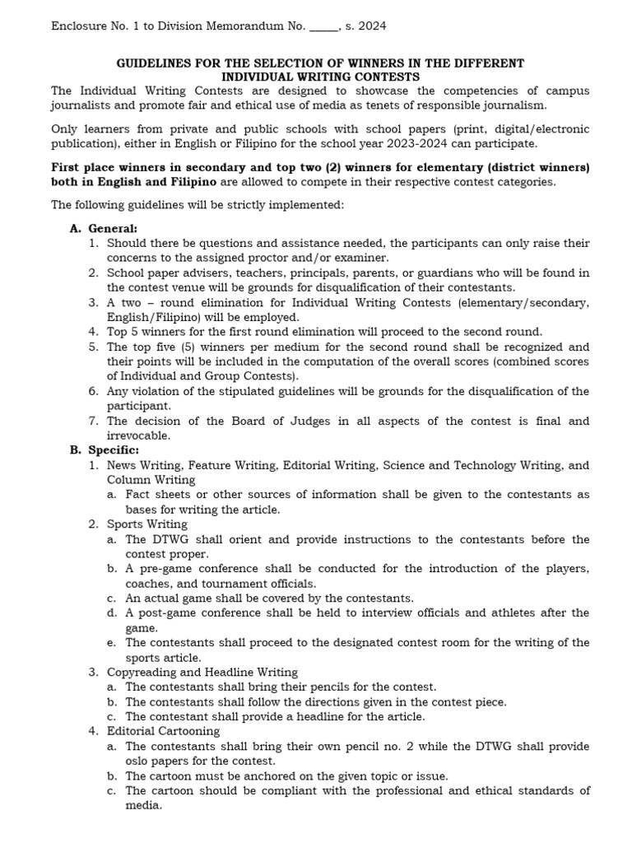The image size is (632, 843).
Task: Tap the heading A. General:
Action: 104,228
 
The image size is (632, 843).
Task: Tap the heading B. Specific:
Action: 105,450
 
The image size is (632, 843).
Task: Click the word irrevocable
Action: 138,435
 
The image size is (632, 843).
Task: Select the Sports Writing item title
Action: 147,524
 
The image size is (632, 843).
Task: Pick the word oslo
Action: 139,761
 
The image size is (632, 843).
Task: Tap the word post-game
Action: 166,612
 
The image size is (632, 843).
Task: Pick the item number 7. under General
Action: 94,421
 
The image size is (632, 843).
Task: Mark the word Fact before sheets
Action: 139,495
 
